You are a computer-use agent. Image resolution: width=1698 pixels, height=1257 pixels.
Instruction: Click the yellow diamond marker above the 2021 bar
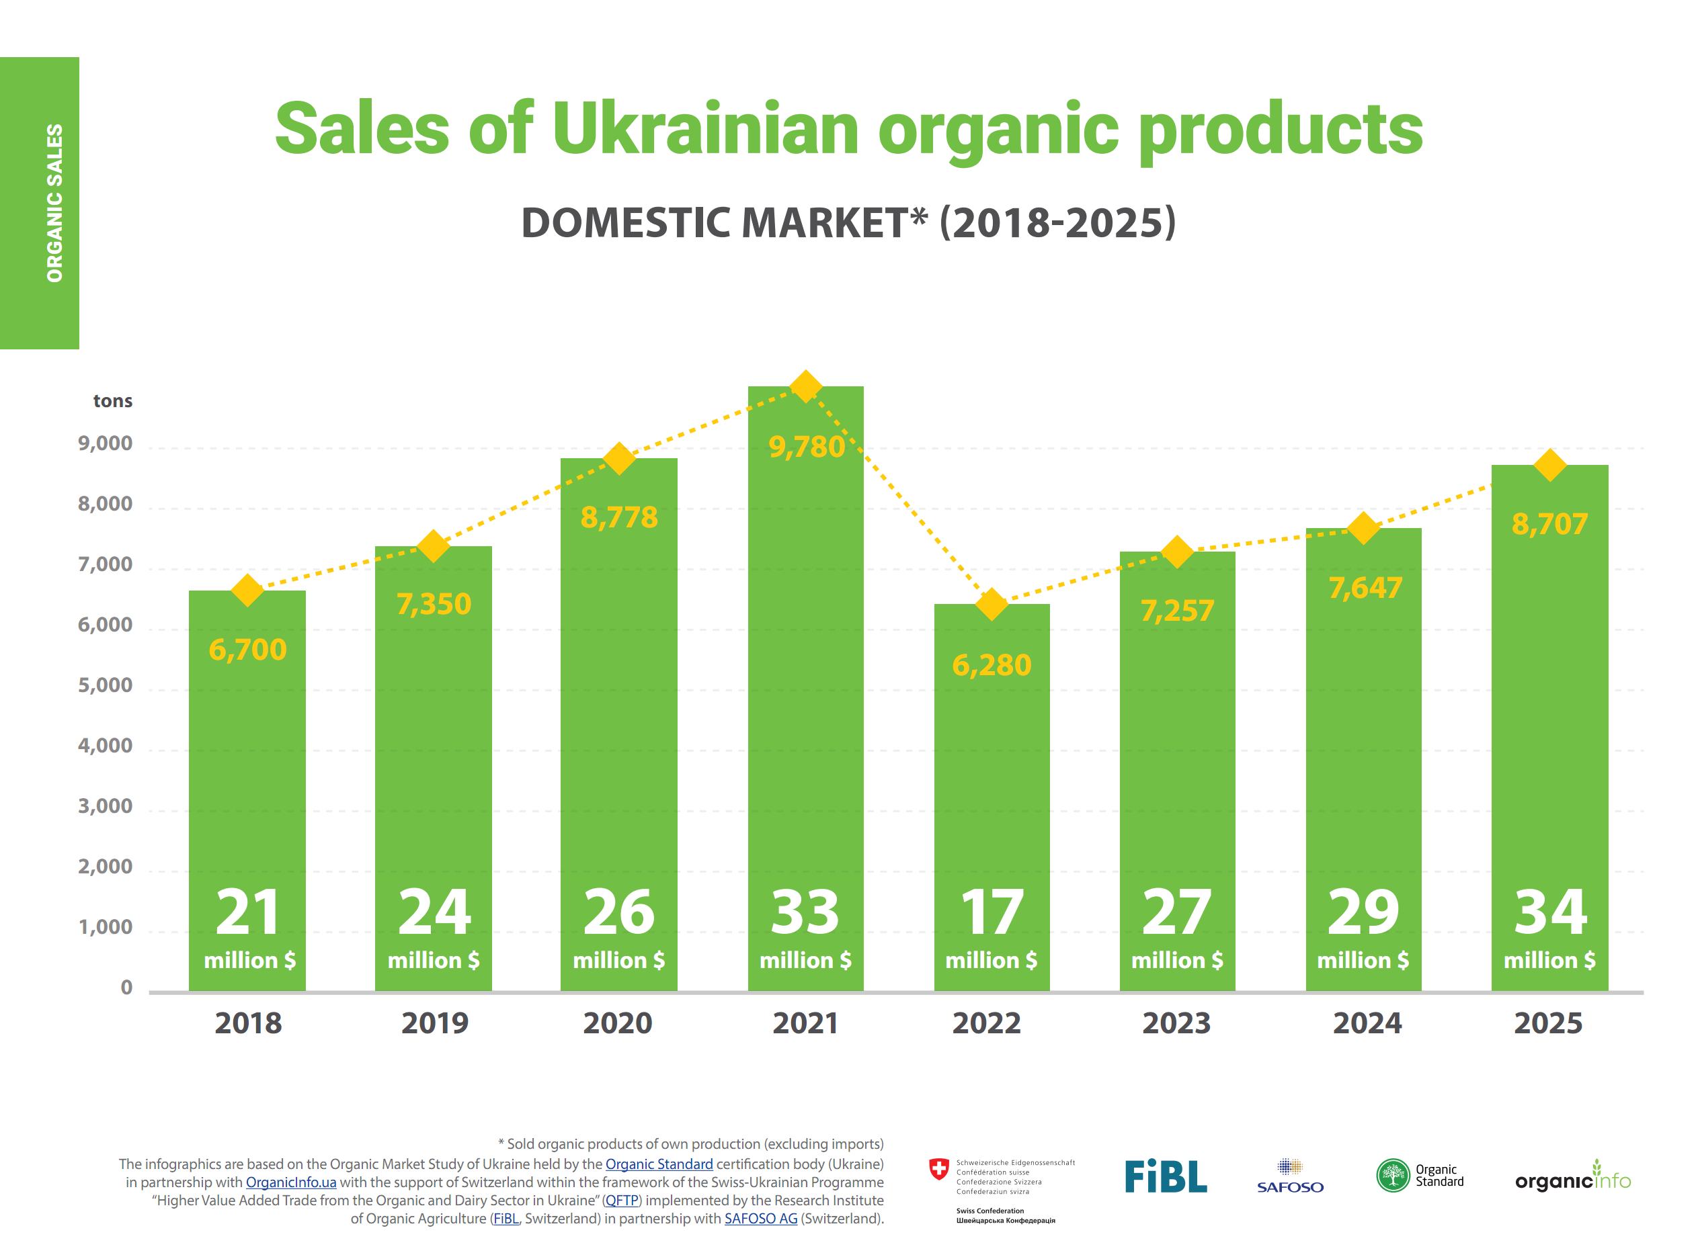coord(805,386)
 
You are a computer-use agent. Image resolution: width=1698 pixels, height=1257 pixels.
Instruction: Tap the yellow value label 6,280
coord(992,666)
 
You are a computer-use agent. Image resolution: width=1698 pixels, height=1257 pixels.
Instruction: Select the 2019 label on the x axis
coord(435,1023)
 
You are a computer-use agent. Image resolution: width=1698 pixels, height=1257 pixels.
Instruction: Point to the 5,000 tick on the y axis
coord(105,685)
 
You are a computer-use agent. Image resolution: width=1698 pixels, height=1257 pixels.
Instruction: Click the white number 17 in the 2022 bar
coord(992,912)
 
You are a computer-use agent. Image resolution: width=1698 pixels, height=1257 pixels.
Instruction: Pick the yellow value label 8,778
coord(619,517)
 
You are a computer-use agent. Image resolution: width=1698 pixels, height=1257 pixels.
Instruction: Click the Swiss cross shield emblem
coord(940,1170)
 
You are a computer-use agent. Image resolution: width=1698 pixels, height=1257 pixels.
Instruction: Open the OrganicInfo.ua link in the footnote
coord(291,1182)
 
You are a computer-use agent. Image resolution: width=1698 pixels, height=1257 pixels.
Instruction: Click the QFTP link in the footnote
coord(621,1201)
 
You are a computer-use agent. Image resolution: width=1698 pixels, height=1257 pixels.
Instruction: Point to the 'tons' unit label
coord(113,401)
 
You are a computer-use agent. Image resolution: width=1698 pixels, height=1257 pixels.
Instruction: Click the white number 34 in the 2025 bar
coord(1550,912)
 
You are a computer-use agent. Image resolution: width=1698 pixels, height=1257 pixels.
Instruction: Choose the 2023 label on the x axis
coord(1176,1023)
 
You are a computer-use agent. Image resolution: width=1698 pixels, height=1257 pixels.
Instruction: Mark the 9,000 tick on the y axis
coord(105,443)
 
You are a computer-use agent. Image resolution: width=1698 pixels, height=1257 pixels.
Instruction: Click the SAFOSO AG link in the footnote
coord(761,1219)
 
